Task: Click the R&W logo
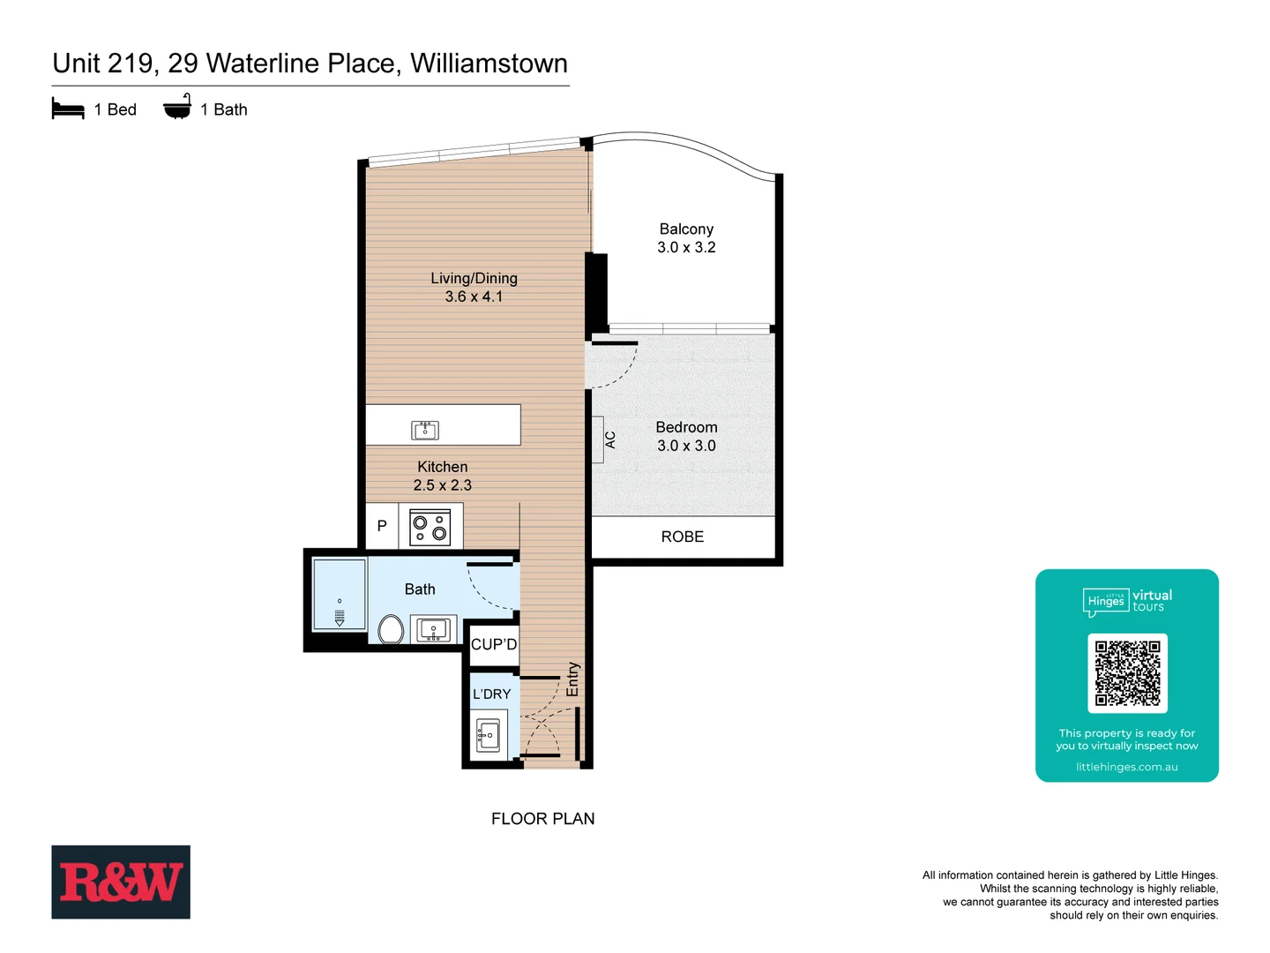[x=121, y=882]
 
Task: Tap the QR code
[x=1127, y=672]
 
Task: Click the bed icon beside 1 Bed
[x=68, y=109]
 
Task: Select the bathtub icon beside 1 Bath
[x=177, y=107]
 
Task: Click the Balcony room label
[x=686, y=229]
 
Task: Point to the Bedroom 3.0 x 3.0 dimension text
[x=686, y=446]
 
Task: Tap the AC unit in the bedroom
[x=599, y=439]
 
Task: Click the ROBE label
[x=683, y=537]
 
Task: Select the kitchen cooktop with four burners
[x=430, y=527]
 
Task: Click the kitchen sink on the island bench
[x=425, y=430]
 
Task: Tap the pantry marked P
[x=382, y=526]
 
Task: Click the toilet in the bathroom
[x=391, y=629]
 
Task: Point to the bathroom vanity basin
[x=433, y=630]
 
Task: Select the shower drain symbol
[x=340, y=615]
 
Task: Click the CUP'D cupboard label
[x=494, y=644]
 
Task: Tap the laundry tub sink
[x=488, y=734]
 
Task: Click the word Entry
[x=572, y=679]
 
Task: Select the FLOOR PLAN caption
[x=542, y=819]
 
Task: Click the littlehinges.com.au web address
[x=1126, y=767]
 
